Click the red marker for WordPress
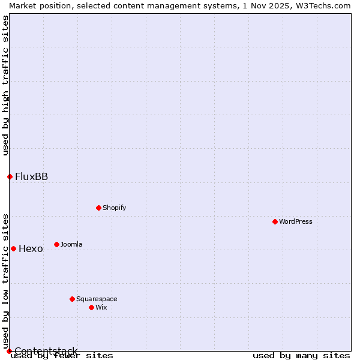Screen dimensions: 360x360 pyautogui.click(x=275, y=221)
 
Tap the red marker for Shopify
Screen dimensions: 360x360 pyautogui.click(x=98, y=208)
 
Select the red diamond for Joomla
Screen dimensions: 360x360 pyautogui.click(x=56, y=244)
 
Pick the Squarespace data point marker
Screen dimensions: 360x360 pyautogui.click(x=72, y=299)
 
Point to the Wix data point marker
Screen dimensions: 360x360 pyautogui.click(x=91, y=307)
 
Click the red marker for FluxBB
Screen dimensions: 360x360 pyautogui.click(x=10, y=176)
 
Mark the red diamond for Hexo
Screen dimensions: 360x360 pyautogui.click(x=13, y=248)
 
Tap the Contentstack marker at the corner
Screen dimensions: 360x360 pyautogui.click(x=9, y=351)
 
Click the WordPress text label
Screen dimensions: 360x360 pyautogui.click(x=296, y=221)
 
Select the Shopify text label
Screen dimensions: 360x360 pyautogui.click(x=115, y=208)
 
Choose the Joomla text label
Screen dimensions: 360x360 pyautogui.click(x=71, y=244)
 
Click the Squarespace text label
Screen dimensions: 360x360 pyautogui.click(x=97, y=299)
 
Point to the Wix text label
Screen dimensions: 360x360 pyautogui.click(x=101, y=307)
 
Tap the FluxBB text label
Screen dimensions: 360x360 pyautogui.click(x=31, y=176)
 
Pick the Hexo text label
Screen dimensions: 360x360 pyautogui.click(x=31, y=248)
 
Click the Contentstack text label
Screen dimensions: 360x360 pyautogui.click(x=46, y=351)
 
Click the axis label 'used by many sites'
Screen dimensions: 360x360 pyautogui.click(x=301, y=355)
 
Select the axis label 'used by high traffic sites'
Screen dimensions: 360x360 pyautogui.click(x=5, y=86)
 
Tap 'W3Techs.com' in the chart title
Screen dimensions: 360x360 pyautogui.click(x=322, y=5)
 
